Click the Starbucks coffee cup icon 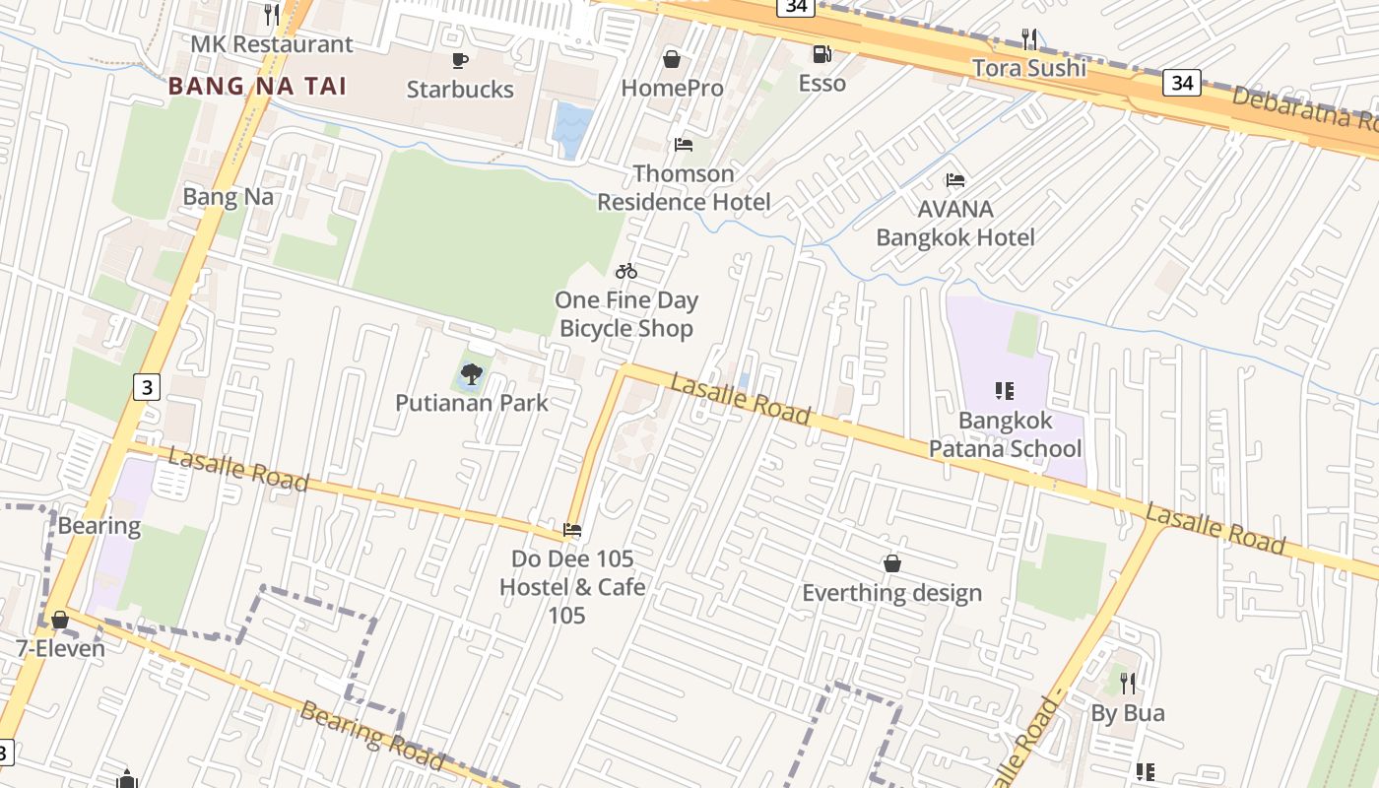[459, 60]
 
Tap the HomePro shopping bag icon [672, 59]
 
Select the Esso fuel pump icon [821, 53]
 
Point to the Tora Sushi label [1029, 68]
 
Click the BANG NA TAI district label [257, 86]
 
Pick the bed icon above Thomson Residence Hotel [684, 145]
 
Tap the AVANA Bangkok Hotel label [955, 224]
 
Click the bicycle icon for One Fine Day [626, 271]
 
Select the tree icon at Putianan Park [472, 373]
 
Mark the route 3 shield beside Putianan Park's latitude [146, 387]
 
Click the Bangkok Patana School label [1005, 434]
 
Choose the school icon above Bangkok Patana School [1005, 391]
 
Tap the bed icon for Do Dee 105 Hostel [572, 530]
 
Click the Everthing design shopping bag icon [891, 563]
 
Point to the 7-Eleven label [60, 649]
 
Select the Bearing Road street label [372, 735]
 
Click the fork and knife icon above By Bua [1128, 682]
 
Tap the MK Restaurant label [271, 44]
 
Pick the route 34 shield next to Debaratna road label [1182, 83]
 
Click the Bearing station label [98, 525]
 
